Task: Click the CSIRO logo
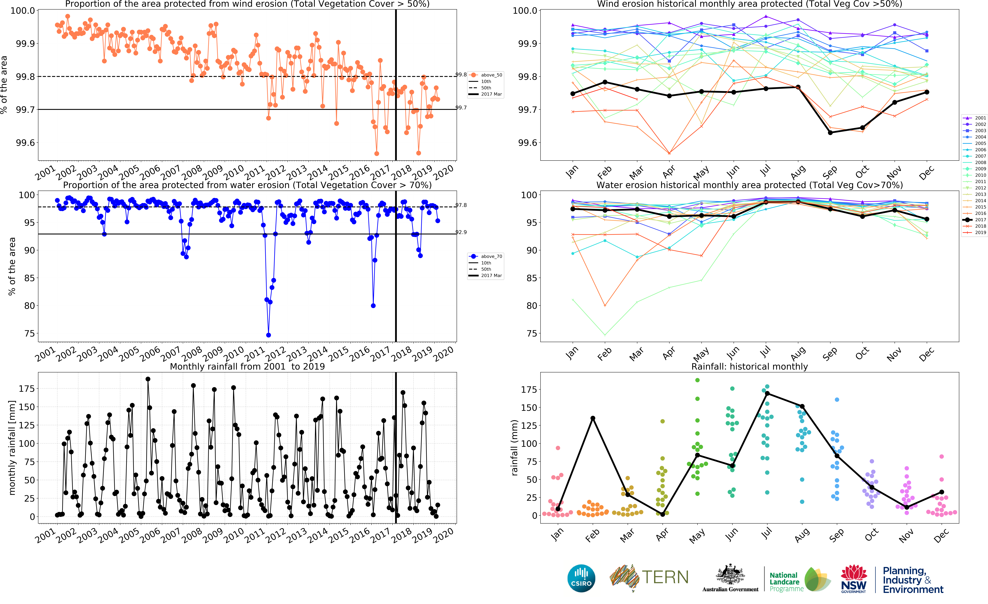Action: tap(581, 578)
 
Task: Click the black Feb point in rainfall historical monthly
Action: tap(593, 418)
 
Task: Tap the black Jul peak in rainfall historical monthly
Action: tap(767, 393)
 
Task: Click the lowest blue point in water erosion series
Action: tap(268, 335)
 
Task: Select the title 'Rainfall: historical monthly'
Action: tap(749, 366)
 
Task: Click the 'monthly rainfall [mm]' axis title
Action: tap(12, 448)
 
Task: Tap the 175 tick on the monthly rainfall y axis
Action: tap(26, 389)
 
